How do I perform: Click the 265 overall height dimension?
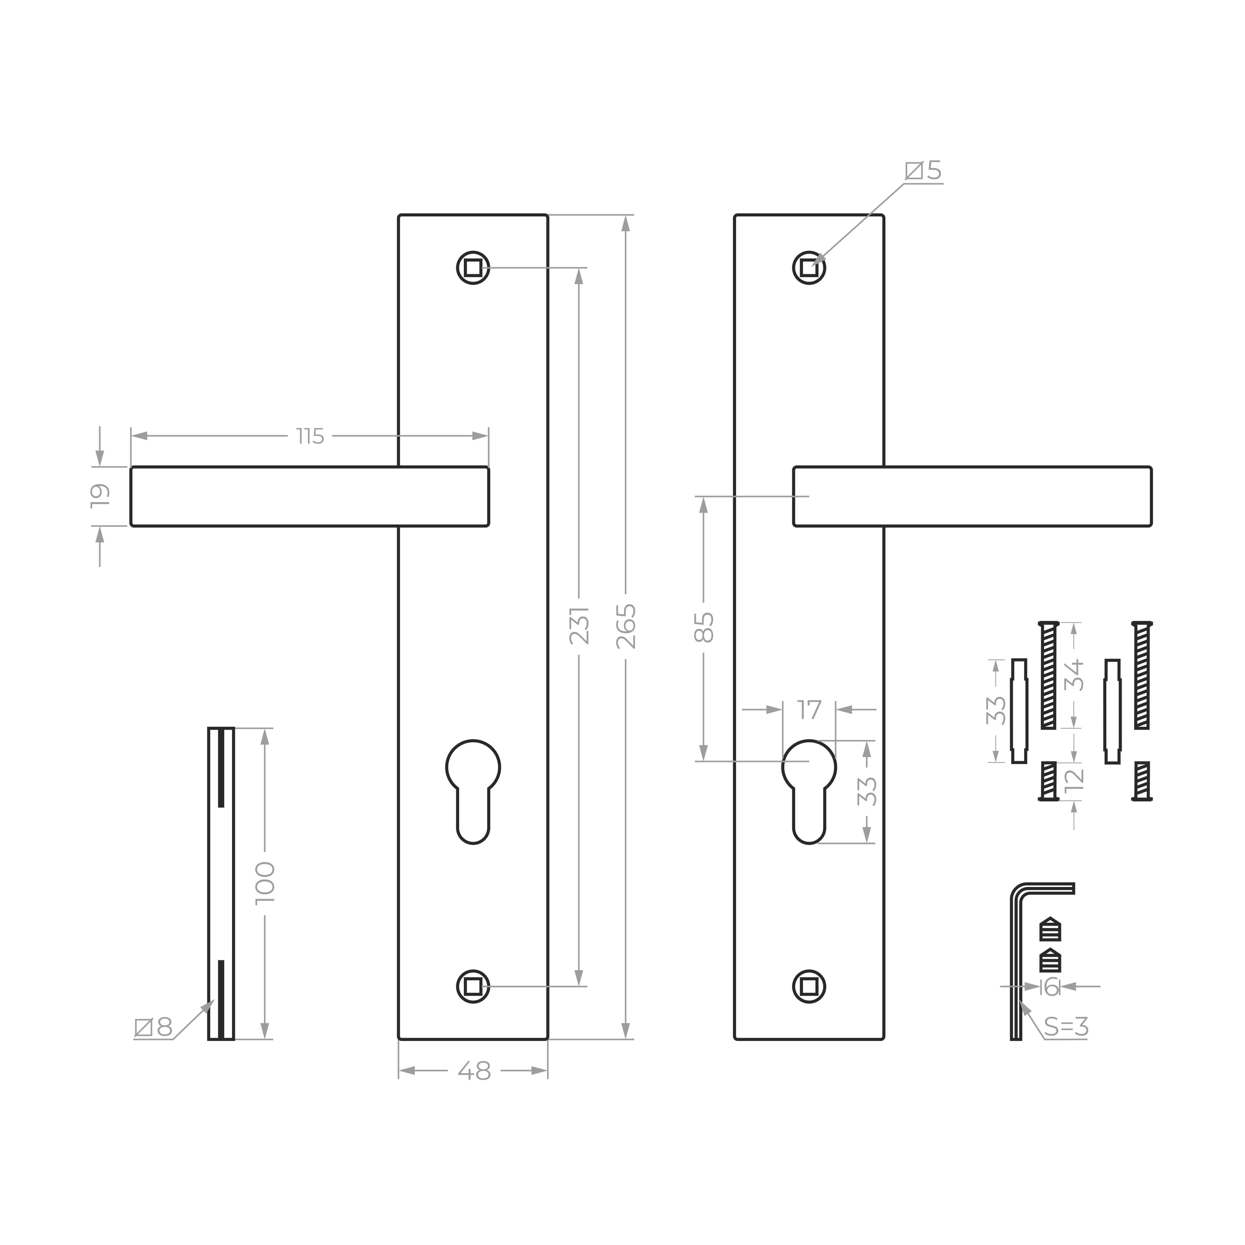(626, 626)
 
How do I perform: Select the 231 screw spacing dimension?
(579, 625)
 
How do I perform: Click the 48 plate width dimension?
(474, 1071)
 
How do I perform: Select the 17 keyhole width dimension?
(809, 709)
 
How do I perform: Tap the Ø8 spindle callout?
(153, 1027)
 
